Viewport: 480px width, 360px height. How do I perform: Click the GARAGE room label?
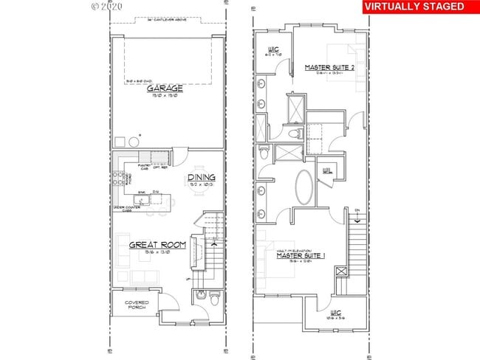(168, 86)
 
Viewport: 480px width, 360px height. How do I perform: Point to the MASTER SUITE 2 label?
(331, 68)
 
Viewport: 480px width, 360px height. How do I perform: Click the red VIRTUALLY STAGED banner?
(415, 7)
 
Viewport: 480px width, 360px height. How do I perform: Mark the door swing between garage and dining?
(177, 156)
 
